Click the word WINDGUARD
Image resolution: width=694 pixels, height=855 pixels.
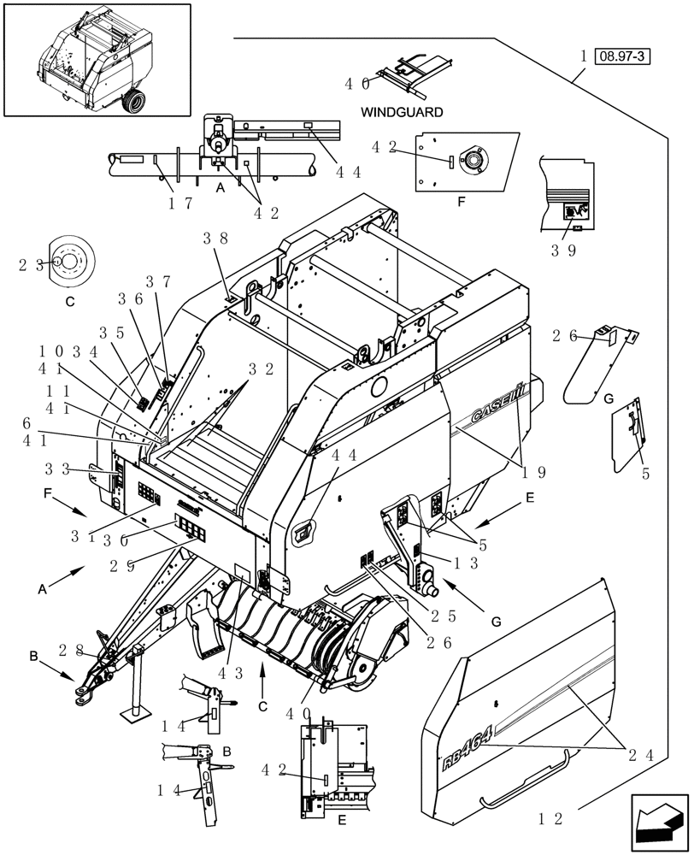[401, 112]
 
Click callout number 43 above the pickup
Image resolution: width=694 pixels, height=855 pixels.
[231, 673]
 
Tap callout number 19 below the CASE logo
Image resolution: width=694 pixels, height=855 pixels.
[529, 471]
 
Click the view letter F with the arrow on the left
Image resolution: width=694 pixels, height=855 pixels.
[50, 494]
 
